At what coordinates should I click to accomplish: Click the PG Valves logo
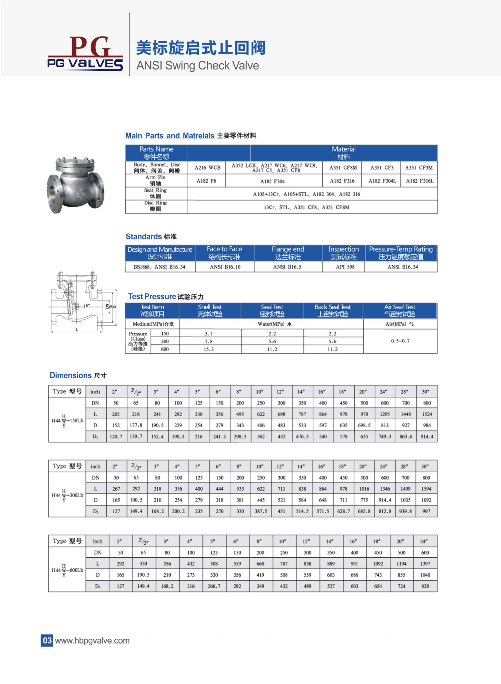pyautogui.click(x=85, y=54)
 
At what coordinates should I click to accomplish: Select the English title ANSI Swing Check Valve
pyautogui.click(x=197, y=65)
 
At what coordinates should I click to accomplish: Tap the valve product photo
pyautogui.click(x=75, y=185)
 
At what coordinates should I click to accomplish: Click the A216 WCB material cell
pyautogui.click(x=207, y=168)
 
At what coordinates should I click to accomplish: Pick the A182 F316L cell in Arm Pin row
pyautogui.click(x=419, y=181)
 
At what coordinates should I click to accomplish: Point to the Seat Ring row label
pyautogui.click(x=156, y=193)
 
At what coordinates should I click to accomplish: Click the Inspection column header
pyautogui.click(x=343, y=253)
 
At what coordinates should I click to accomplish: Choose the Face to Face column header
pyautogui.click(x=224, y=253)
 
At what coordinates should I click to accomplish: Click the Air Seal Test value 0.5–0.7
pyautogui.click(x=400, y=341)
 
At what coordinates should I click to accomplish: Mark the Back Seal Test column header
pyautogui.click(x=333, y=310)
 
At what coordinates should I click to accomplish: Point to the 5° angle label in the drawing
pyautogui.click(x=87, y=305)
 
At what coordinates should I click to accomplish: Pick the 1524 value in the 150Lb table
pyautogui.click(x=427, y=414)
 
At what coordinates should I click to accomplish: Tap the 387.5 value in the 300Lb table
pyautogui.click(x=261, y=511)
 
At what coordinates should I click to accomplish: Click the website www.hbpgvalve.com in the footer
pyautogui.click(x=92, y=640)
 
